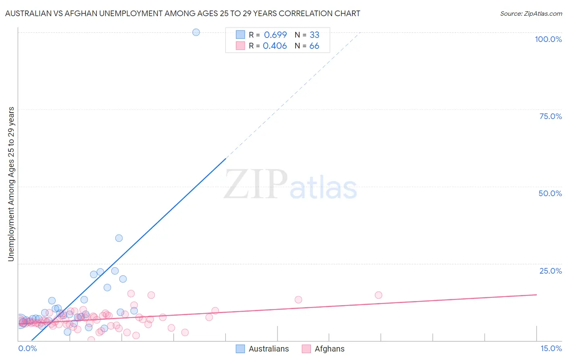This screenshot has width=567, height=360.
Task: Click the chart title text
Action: point(183,13)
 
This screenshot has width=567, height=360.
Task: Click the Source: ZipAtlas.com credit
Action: point(531,13)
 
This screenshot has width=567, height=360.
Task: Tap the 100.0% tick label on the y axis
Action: point(548,39)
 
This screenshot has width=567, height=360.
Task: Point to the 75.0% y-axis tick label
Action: point(550,116)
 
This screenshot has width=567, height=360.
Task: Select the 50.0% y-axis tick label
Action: point(550,193)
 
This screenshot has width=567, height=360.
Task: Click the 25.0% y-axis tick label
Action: point(550,271)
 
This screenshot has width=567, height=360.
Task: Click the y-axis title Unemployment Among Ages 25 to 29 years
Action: point(11,184)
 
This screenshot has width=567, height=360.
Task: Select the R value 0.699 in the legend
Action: point(275,35)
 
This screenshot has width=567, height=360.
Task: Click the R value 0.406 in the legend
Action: point(275,46)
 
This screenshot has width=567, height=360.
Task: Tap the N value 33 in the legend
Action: point(314,35)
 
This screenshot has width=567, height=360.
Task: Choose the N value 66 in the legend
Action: point(314,46)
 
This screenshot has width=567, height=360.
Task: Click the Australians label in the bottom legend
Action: point(269,349)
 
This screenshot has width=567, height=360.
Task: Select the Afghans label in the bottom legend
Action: point(329,349)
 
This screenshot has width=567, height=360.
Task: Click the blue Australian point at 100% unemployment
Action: point(196,32)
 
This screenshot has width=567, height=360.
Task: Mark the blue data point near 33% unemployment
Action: point(119,238)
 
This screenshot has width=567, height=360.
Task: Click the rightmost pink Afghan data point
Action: point(378,295)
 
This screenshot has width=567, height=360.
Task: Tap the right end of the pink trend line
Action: point(536,295)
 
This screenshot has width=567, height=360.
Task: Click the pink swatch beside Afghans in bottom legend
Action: point(306,349)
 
